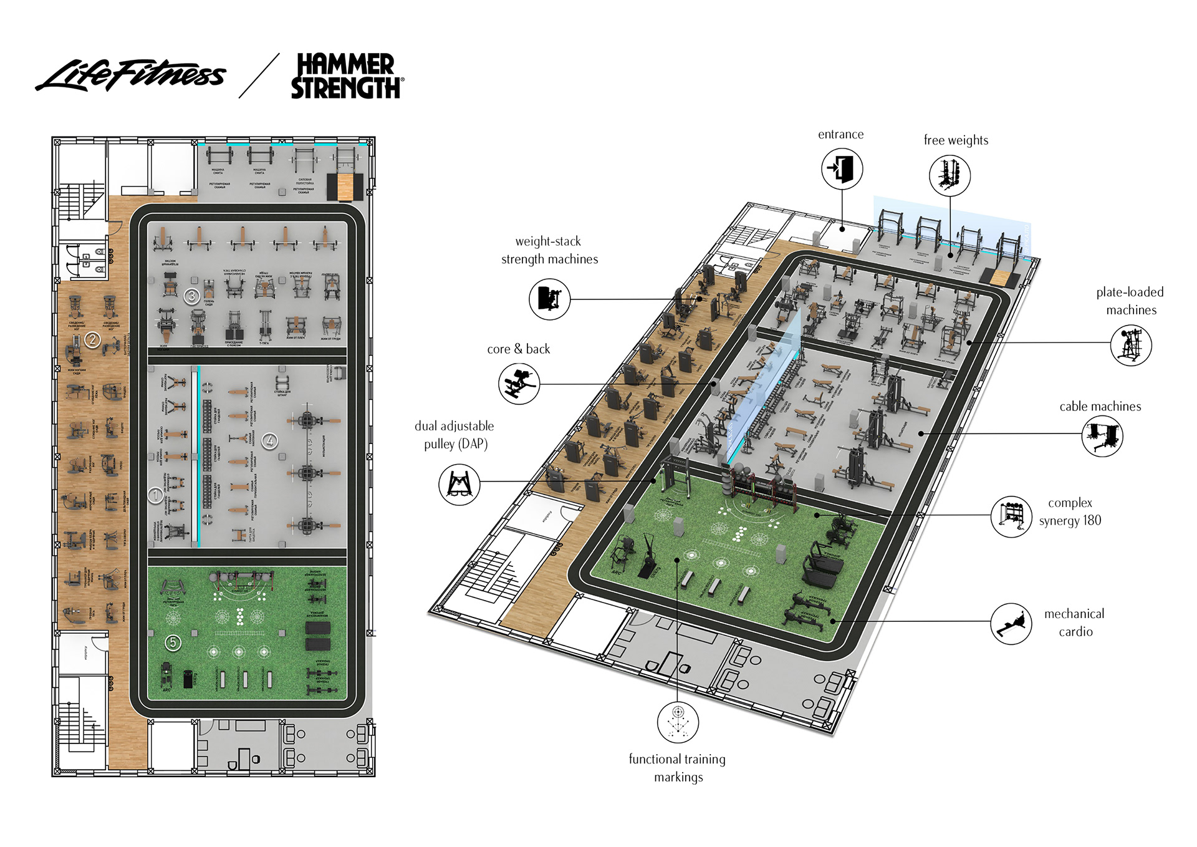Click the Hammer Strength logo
346,76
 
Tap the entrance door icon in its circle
842,168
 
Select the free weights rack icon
949,175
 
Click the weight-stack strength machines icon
549,299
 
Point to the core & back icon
519,384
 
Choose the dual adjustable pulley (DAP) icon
459,485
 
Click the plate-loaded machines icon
1131,345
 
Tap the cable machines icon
1102,435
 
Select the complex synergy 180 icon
1011,516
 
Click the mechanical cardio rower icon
1011,623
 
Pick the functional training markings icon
678,722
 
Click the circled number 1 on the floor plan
155,495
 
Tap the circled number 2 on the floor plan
93,339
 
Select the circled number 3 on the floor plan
192,296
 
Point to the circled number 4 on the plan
270,441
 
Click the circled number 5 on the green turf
173,642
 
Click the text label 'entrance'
840,134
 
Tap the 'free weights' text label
956,140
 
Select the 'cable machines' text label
1100,407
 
